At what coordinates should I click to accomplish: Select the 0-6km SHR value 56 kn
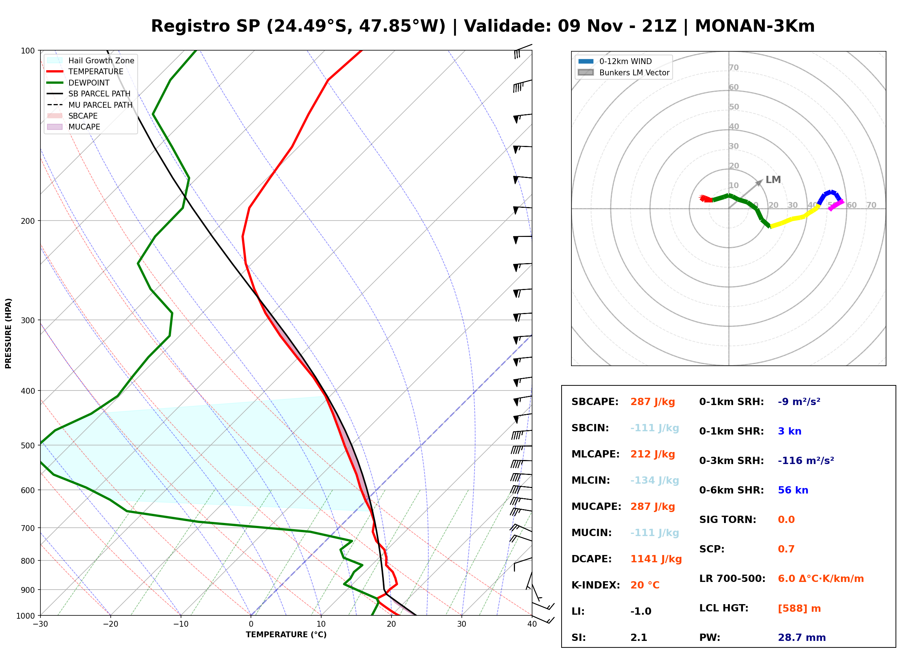coord(793,490)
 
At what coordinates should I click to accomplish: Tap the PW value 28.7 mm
coord(802,638)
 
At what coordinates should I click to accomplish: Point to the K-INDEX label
coord(596,585)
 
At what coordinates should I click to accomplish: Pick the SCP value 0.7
coord(786,549)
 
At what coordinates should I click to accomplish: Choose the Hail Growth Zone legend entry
coord(91,60)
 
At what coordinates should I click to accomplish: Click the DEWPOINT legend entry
coord(78,83)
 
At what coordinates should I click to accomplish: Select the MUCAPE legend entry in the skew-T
coord(74,127)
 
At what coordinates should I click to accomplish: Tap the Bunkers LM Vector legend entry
coord(623,72)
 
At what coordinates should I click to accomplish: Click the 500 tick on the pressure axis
coord(28,445)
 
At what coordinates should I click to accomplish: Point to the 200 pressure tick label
coord(28,221)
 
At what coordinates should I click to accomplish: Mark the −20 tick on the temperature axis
coord(110,625)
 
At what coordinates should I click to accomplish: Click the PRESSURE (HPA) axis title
coord(8,333)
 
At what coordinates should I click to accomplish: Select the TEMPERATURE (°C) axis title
coord(286,635)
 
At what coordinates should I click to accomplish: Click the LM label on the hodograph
coord(773,180)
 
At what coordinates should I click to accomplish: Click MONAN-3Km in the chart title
coord(755,26)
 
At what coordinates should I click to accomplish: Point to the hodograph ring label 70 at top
coord(733,68)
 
